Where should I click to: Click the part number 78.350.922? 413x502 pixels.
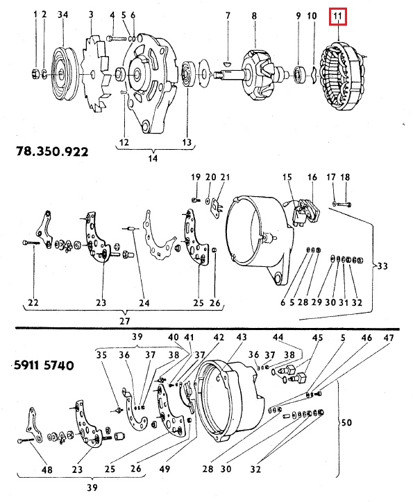52,150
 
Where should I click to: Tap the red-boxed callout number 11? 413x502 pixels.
337,15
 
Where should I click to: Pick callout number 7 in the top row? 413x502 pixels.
226,15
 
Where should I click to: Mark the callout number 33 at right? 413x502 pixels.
384,266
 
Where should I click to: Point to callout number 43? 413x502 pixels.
242,337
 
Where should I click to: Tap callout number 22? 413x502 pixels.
33,302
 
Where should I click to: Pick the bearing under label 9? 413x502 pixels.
298,71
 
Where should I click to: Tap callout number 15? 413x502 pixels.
287,178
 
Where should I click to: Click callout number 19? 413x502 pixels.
195,178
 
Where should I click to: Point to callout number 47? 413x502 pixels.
389,337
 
